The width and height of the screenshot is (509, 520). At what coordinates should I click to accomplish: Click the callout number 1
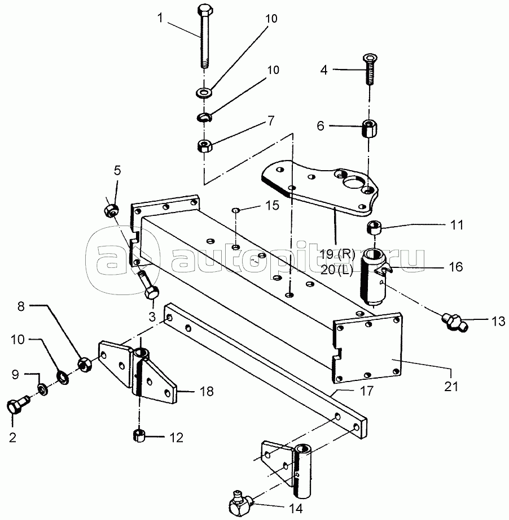tap(160, 18)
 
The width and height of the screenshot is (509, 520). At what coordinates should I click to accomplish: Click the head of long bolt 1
tap(204, 11)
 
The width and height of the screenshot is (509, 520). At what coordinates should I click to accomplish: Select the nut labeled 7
tap(204, 146)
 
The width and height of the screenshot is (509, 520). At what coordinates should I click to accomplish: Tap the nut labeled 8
tap(84, 364)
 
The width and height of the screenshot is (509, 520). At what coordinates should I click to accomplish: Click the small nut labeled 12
tap(139, 436)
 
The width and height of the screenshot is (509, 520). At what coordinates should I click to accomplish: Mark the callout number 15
tap(272, 205)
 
